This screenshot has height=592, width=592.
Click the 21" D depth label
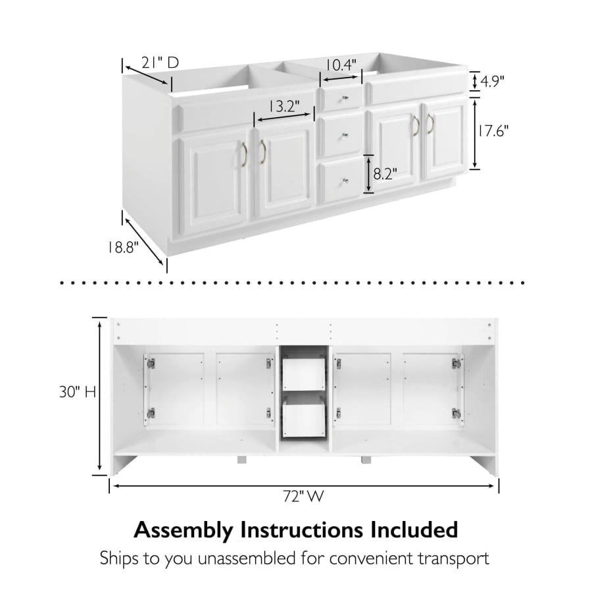[x=160, y=62]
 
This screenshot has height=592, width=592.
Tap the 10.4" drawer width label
[x=341, y=65]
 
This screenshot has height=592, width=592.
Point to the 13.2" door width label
[x=284, y=107]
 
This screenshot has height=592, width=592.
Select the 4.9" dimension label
[x=492, y=81]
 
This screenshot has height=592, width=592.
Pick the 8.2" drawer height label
[x=385, y=174]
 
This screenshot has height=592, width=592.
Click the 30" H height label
[x=78, y=392]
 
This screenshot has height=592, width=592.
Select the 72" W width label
[x=303, y=496]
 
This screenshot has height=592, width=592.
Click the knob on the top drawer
[x=345, y=99]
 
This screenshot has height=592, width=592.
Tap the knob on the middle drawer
[x=344, y=135]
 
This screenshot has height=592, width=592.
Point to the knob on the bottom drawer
[x=345, y=181]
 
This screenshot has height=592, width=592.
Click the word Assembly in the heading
[x=184, y=530]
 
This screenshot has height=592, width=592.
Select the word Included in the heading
[x=414, y=530]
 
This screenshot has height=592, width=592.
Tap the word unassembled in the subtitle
[x=247, y=558]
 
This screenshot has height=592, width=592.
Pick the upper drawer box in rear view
[x=304, y=374]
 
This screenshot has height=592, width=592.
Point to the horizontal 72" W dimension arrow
[x=304, y=485]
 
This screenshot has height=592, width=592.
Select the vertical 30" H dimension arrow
[x=100, y=397]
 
